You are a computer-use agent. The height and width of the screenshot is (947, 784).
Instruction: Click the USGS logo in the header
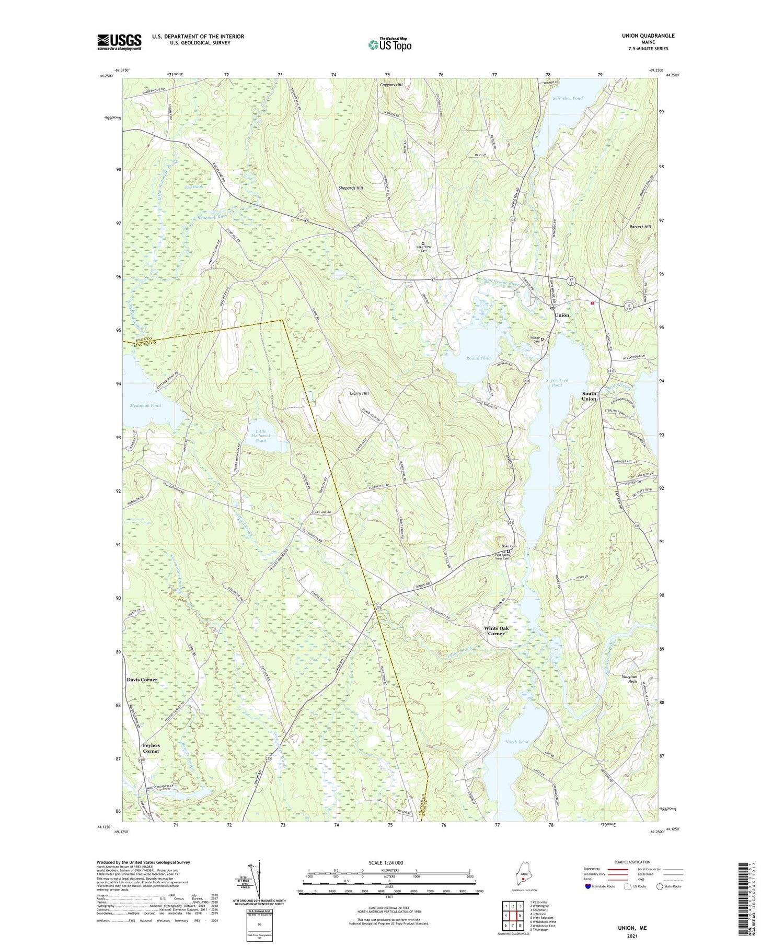coord(119,42)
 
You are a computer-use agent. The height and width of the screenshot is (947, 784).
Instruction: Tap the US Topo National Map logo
coord(389,44)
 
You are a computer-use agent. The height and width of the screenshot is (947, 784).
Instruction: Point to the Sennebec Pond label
coord(568,98)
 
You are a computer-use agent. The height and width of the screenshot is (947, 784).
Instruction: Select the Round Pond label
coord(479,358)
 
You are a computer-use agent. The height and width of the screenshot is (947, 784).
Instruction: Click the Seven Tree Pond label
coord(557,382)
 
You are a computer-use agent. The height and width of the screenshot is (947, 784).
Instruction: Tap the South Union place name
coord(589,396)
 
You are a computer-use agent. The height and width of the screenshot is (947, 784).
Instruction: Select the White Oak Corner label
coord(496,630)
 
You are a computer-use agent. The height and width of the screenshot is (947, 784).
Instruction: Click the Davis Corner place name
coord(142,680)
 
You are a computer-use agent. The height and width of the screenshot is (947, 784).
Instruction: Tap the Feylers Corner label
coord(151,748)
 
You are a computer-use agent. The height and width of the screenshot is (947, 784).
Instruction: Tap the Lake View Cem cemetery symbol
coord(423,243)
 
